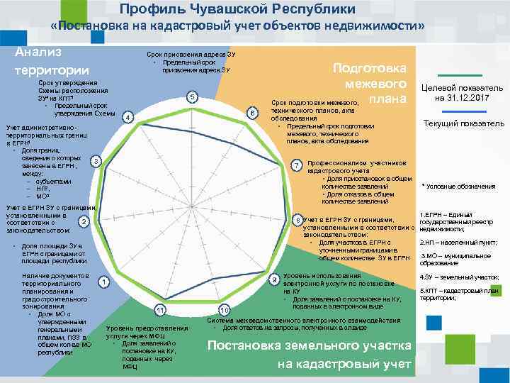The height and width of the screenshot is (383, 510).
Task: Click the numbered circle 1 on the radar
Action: click(104, 284)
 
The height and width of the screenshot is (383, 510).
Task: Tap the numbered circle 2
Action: click(84, 223)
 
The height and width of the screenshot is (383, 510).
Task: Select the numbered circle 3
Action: click(96, 162)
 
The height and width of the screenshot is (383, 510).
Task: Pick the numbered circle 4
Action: click(126, 117)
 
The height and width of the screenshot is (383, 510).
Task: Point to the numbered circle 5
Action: click(191, 96)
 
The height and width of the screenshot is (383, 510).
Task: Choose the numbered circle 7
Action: click(297, 165)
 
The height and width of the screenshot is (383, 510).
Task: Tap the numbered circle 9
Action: click(274, 279)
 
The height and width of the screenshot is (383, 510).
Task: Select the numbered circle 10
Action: click(224, 310)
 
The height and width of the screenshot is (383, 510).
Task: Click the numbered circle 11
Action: click(161, 310)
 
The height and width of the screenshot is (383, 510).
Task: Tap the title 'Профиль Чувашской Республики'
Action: click(237, 9)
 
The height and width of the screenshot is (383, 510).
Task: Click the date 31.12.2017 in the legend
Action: click(463, 97)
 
